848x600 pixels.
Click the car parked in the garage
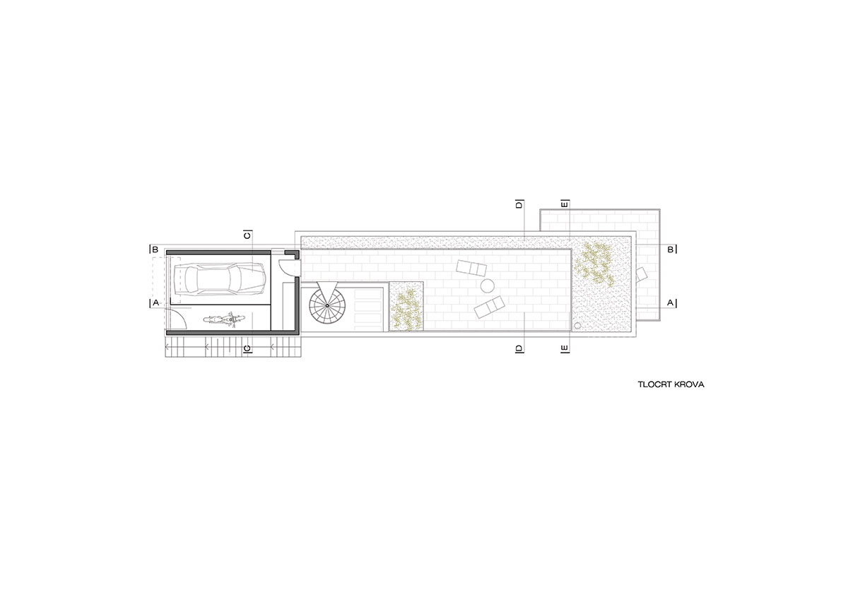click(x=220, y=279)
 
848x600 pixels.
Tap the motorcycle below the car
click(x=224, y=320)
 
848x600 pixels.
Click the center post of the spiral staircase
click(x=327, y=305)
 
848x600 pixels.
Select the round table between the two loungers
click(x=487, y=286)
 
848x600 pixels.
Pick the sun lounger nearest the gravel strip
click(x=471, y=269)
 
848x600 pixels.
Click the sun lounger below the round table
click(x=490, y=307)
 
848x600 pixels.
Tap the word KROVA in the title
click(x=690, y=384)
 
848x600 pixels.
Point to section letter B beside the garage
click(x=155, y=250)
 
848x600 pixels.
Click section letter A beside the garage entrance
click(x=155, y=303)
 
